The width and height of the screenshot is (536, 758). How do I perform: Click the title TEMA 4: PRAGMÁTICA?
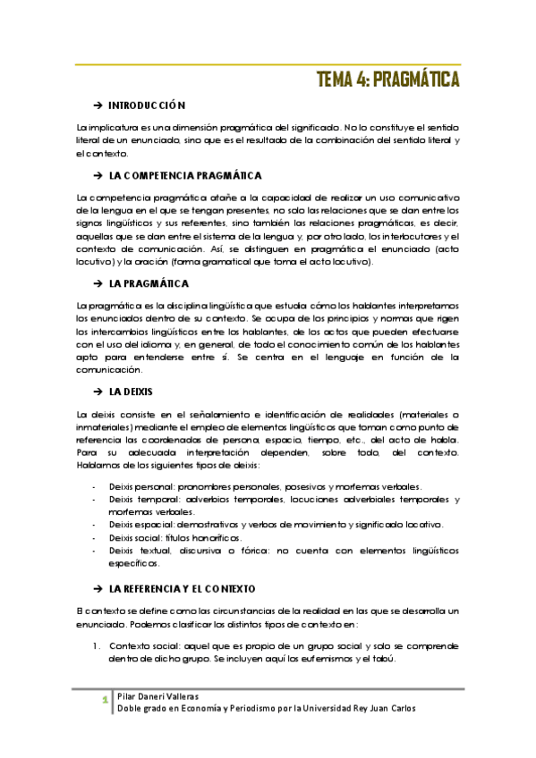(x=388, y=80)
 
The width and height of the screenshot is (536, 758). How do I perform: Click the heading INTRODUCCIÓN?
(x=147, y=105)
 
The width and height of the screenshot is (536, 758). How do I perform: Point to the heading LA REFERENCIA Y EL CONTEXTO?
(x=183, y=590)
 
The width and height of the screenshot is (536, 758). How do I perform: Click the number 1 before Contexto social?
(x=97, y=645)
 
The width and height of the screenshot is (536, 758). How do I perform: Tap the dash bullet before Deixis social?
(x=95, y=538)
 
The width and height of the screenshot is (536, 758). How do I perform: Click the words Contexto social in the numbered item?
(x=141, y=645)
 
